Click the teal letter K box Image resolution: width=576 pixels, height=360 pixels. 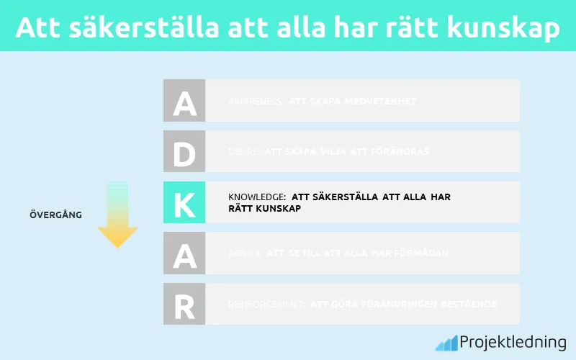click(x=184, y=202)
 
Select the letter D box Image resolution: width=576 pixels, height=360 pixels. click(x=184, y=151)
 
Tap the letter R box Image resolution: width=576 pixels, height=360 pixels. click(x=184, y=304)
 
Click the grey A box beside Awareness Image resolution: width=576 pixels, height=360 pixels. click(x=184, y=101)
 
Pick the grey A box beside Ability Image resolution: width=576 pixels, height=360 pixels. click(x=184, y=253)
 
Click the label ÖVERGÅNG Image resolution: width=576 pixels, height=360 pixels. click(x=55, y=215)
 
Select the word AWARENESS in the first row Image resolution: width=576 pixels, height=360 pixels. click(x=255, y=102)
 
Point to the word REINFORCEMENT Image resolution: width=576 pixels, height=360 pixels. click(x=266, y=305)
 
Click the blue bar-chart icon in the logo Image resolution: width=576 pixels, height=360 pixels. click(x=446, y=342)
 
